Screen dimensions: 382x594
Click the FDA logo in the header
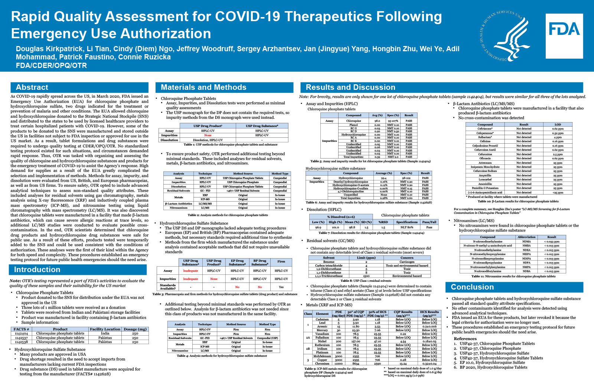(564, 36)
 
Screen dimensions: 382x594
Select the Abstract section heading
(32, 88)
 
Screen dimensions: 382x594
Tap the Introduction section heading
(37, 270)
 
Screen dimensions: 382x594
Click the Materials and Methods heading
(203, 88)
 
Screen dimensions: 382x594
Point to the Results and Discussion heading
(350, 88)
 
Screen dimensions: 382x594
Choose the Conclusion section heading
(472, 287)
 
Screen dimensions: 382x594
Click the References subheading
(465, 339)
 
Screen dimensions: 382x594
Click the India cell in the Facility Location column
(105, 333)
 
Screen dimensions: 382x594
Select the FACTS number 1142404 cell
(21, 333)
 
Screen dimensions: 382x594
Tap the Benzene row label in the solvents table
(329, 262)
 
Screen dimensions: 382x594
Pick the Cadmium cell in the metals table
(322, 319)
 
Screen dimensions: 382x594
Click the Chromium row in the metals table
(322, 363)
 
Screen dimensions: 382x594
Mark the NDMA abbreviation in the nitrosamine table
(526, 242)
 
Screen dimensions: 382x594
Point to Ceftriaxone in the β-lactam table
(485, 129)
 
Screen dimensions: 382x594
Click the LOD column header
(558, 125)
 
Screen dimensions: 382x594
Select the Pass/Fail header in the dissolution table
(429, 222)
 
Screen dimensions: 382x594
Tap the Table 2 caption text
(228, 215)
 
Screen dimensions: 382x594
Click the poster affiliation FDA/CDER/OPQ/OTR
(51, 66)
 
